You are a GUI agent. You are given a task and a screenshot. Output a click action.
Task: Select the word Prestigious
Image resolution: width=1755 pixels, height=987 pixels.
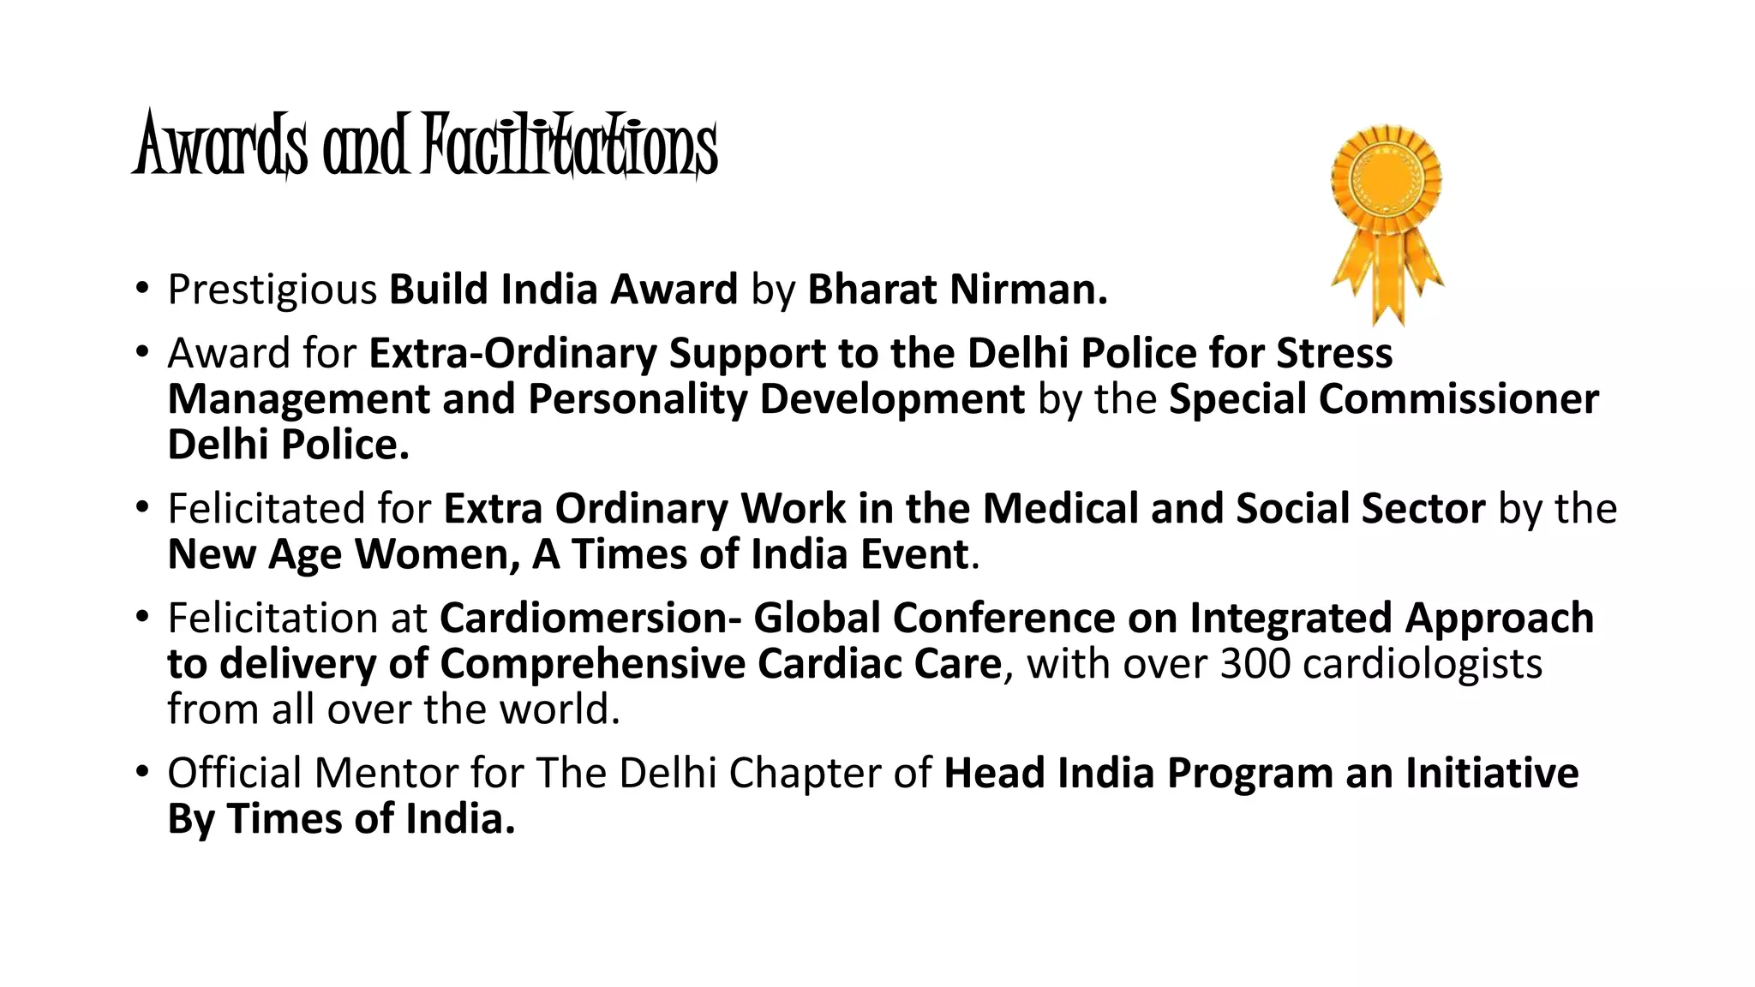(x=272, y=290)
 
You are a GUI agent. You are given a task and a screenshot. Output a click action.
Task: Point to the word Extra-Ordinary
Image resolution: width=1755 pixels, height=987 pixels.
(x=512, y=354)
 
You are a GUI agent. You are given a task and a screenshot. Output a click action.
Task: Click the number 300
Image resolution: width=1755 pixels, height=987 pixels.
(x=1255, y=664)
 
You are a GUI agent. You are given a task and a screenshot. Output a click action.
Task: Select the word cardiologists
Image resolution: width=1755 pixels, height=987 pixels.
(x=1422, y=664)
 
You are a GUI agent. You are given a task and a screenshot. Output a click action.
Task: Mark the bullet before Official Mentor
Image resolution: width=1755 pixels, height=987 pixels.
(x=142, y=772)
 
